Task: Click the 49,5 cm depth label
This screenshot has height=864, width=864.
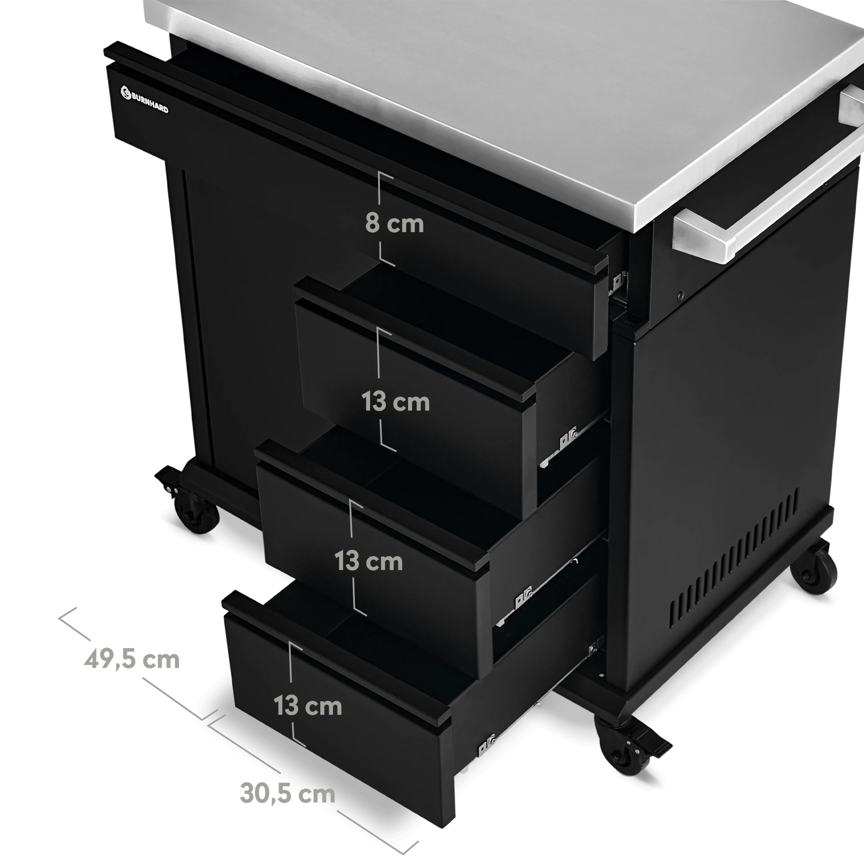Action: [131, 660]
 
